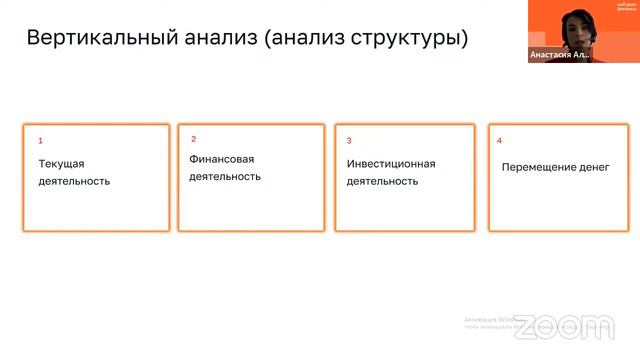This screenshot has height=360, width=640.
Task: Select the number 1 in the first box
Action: tap(41, 141)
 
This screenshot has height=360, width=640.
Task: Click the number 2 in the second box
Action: tap(194, 139)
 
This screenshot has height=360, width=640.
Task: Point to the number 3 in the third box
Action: tap(349, 141)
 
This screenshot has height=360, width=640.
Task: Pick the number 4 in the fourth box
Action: tap(499, 141)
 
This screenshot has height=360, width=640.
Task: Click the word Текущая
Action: tap(62, 163)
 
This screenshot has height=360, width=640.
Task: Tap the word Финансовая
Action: tap(222, 159)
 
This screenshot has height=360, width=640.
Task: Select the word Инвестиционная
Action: tap(391, 163)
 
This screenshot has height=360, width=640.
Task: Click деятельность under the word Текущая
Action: tap(74, 181)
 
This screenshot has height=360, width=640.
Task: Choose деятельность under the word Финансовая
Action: tap(225, 176)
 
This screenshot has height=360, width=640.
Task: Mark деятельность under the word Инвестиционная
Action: tap(382, 181)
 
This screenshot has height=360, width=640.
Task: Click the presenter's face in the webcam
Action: tap(573, 23)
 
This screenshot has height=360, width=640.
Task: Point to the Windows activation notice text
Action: tap(490, 320)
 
